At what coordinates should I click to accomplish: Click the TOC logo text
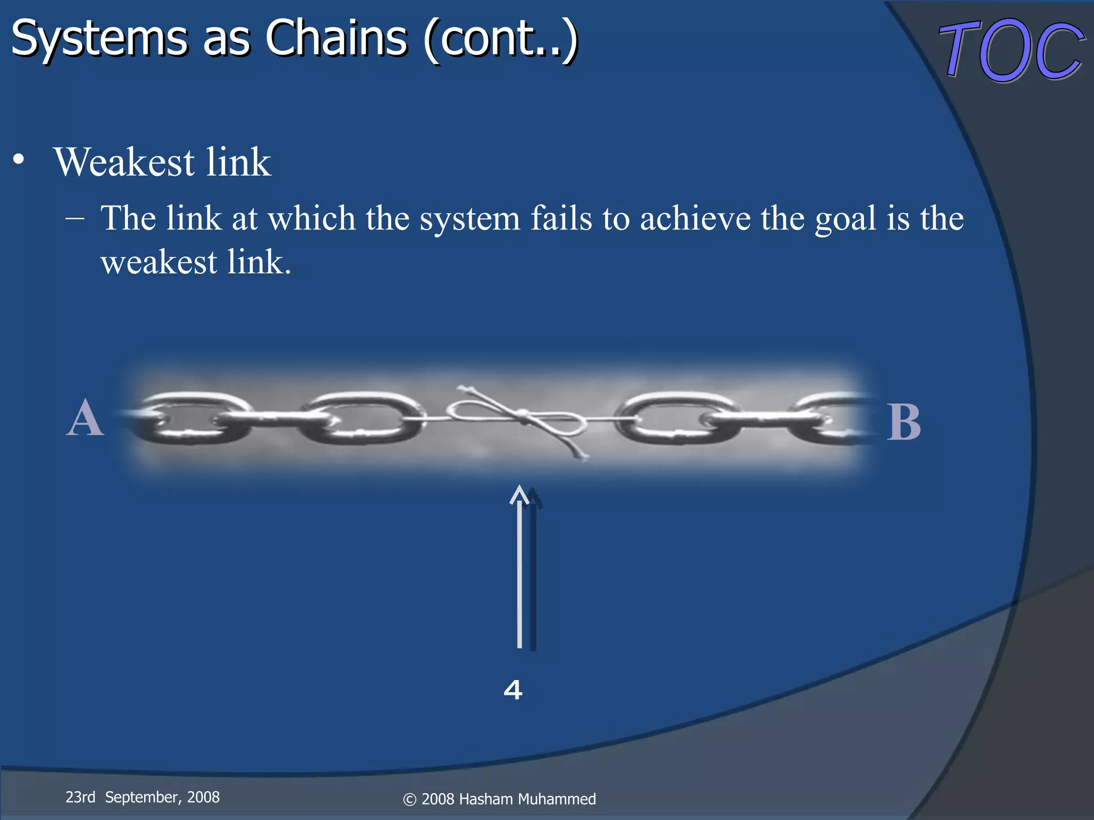tap(1011, 51)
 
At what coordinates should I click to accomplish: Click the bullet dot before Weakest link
tap(19, 160)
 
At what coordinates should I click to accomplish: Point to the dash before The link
tap(75, 218)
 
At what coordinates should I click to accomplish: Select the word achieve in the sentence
tap(695, 218)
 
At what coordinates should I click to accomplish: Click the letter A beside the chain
tap(84, 419)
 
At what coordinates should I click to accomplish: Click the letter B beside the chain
tap(904, 422)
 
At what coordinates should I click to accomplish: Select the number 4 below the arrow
tap(513, 690)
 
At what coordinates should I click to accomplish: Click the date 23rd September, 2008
tap(142, 797)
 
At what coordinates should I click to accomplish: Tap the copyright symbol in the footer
tap(410, 800)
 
